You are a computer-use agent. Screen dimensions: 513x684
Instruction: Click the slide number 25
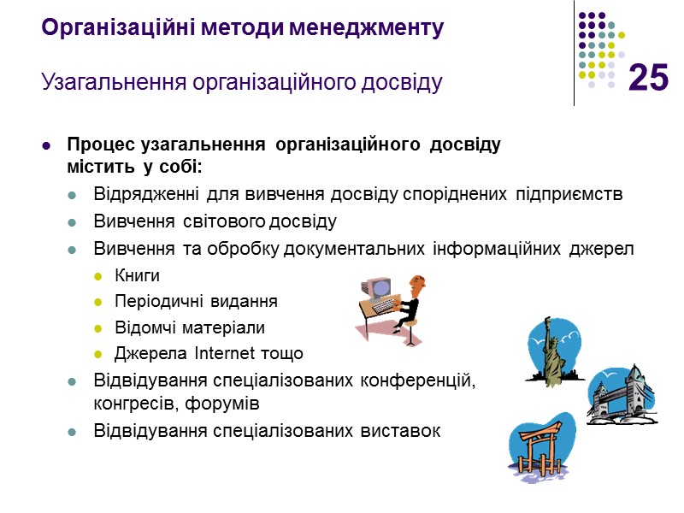click(x=648, y=79)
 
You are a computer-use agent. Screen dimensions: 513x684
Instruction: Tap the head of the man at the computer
click(x=417, y=283)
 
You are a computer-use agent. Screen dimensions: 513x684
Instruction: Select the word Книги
click(x=137, y=276)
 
